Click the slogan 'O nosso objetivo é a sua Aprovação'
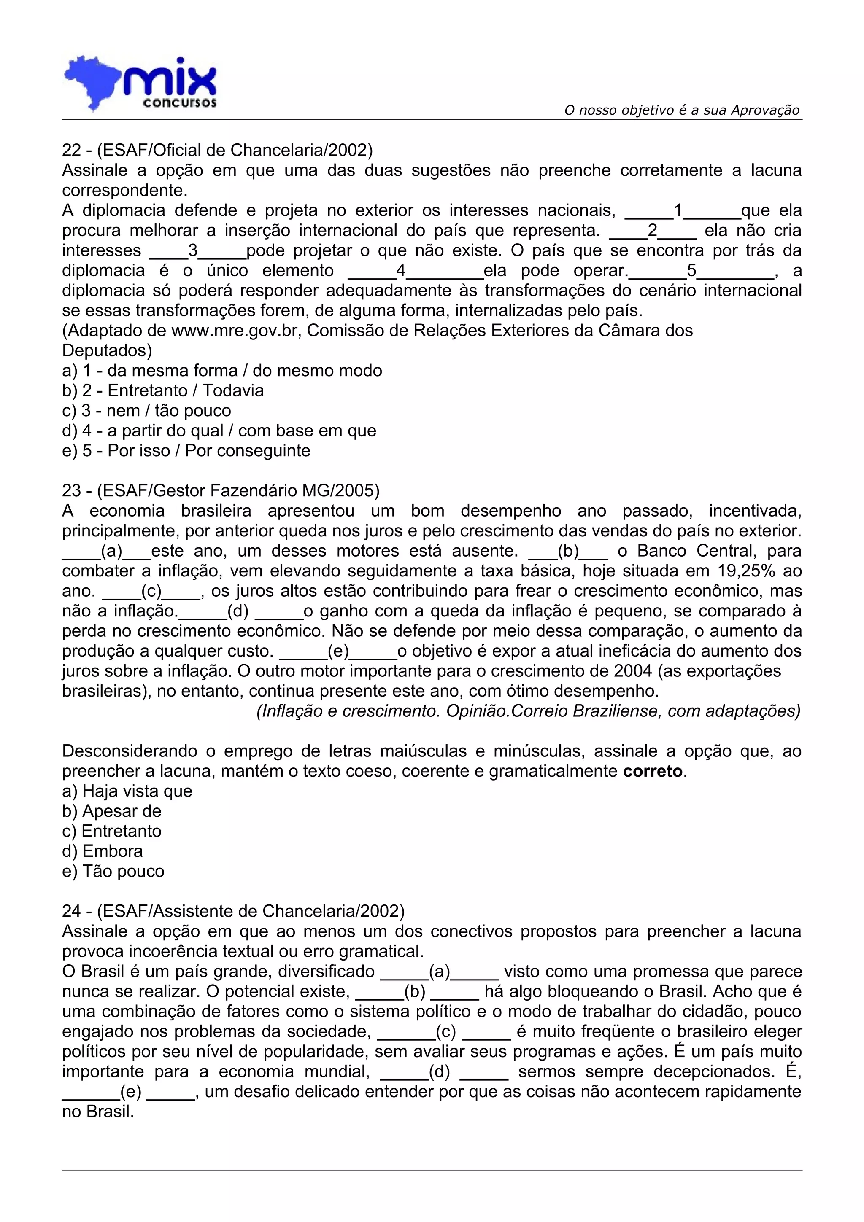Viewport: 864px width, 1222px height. (x=681, y=110)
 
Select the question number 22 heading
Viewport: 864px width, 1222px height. (x=217, y=150)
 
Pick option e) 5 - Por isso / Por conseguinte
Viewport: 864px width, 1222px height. (x=186, y=451)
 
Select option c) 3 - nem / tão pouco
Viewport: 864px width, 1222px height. (x=146, y=411)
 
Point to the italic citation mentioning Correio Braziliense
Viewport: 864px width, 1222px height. (x=528, y=711)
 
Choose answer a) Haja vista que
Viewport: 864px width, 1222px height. (x=127, y=791)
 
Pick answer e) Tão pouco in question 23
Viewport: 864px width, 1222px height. (x=113, y=871)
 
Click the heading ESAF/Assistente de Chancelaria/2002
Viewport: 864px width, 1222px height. (x=233, y=911)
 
